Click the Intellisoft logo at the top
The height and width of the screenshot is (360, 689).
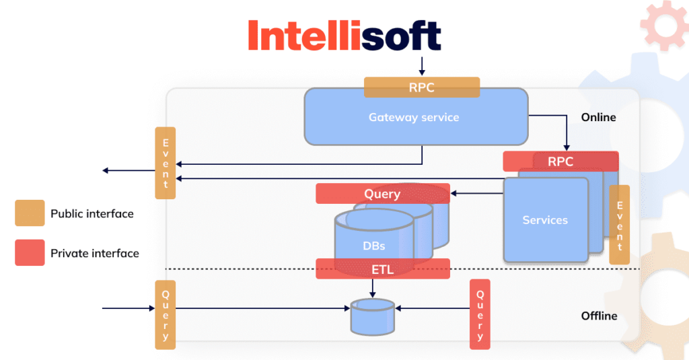344,35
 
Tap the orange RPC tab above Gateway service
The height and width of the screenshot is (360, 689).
422,87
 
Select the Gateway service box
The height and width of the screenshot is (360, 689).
414,118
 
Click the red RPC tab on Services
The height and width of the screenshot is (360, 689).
560,161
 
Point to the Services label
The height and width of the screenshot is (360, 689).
545,220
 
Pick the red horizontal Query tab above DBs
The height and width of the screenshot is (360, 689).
382,194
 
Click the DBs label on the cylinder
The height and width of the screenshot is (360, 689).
374,246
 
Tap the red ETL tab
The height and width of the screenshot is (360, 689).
382,270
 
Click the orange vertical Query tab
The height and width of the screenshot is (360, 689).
166,314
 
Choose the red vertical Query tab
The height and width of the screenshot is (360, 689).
480,314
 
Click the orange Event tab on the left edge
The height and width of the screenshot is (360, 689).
166,163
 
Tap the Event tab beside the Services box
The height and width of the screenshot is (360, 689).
619,224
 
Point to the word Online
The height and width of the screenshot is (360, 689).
598,117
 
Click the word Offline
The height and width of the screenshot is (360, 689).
599,316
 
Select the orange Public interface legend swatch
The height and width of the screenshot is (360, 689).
30,213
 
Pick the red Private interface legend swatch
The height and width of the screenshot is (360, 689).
30,253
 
